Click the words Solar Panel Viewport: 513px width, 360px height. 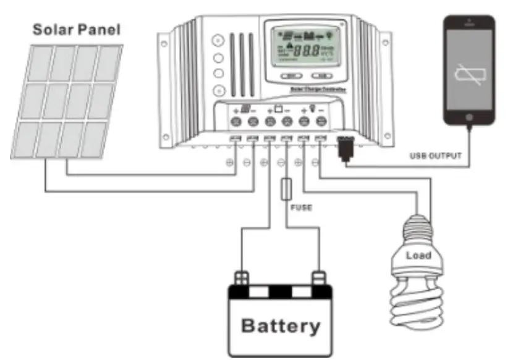[x=77, y=28]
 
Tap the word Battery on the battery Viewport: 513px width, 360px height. [x=281, y=325]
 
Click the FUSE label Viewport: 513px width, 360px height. [x=301, y=208]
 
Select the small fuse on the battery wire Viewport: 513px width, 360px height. [x=286, y=190]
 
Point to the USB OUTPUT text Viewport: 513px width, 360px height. [x=436, y=156]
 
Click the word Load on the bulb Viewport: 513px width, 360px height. [x=418, y=255]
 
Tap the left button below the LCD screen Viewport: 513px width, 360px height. [x=291, y=76]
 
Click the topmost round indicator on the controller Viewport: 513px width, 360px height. [x=217, y=41]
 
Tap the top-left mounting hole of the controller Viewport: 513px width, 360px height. [x=164, y=43]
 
